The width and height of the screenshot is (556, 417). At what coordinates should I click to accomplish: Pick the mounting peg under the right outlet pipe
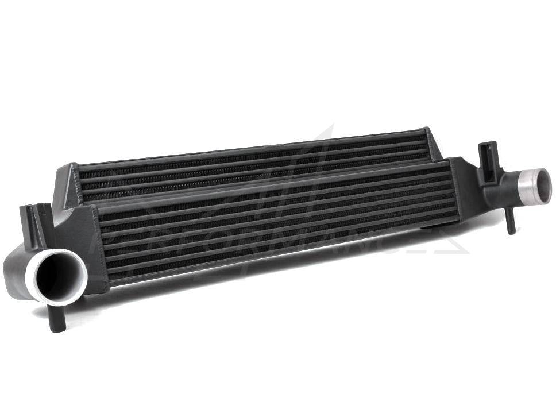click(x=510, y=222)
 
